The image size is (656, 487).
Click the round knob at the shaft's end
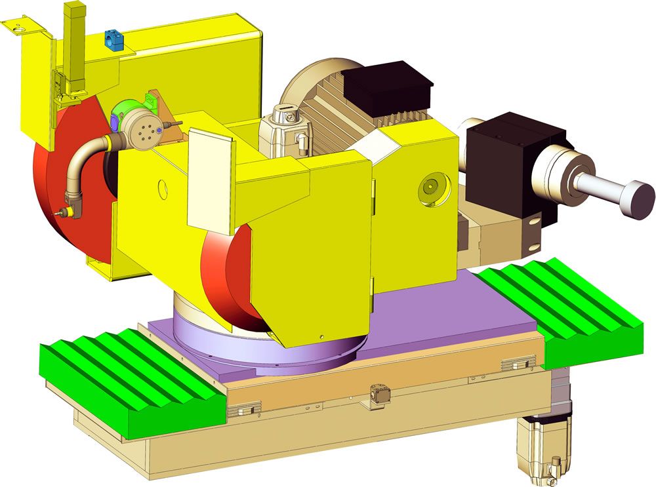tap(639, 199)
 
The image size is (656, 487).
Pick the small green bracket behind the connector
tap(150, 100)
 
